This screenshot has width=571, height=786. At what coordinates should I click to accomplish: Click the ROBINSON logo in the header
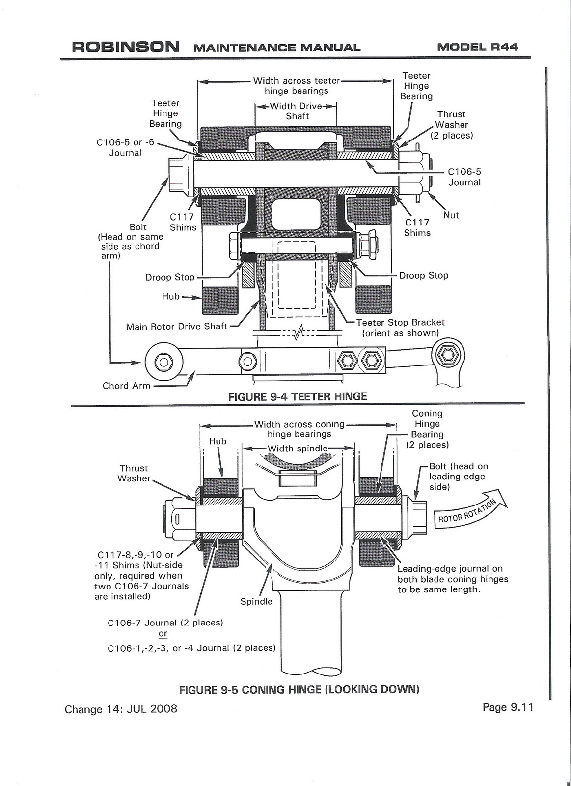click(126, 47)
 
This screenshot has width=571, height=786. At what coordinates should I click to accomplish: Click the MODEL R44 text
click(477, 47)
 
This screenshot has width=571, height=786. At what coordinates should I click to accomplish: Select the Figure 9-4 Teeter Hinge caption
click(298, 396)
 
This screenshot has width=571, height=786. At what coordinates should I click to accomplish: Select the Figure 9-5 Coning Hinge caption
click(299, 690)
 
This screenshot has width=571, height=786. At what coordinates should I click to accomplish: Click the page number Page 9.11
click(507, 707)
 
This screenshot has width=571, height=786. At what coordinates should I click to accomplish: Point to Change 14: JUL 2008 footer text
click(121, 709)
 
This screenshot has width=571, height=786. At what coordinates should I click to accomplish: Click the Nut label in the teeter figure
click(451, 215)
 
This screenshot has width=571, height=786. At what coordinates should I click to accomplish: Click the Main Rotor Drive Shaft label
click(177, 326)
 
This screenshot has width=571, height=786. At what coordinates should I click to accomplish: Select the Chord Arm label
click(126, 386)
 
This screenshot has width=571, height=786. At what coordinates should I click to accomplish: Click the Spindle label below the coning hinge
click(256, 601)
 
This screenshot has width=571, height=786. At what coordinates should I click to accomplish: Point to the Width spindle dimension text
click(297, 448)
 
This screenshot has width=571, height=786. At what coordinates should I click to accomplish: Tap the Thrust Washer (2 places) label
click(452, 125)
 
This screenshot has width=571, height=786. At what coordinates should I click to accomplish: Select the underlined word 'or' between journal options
click(163, 634)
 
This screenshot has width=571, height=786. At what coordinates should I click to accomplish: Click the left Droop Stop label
click(170, 277)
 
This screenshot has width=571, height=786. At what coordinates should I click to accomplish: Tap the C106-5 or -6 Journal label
click(125, 147)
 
